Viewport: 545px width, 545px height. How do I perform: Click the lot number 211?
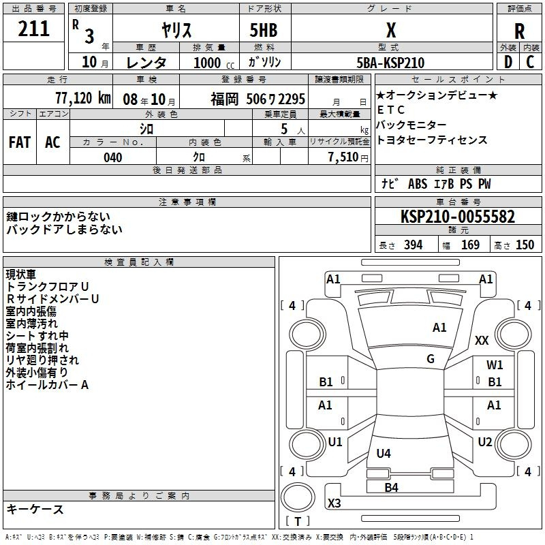[x=33, y=29]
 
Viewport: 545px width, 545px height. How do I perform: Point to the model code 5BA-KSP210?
[x=391, y=63]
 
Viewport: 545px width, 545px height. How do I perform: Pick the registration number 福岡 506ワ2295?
[x=258, y=99]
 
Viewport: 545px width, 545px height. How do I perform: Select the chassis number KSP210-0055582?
[x=457, y=217]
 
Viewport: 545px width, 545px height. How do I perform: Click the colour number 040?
[x=112, y=157]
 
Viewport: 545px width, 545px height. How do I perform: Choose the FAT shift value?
[x=20, y=142]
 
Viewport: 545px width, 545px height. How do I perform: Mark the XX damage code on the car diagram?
[x=482, y=341]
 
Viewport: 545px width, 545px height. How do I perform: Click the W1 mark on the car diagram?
[x=495, y=365]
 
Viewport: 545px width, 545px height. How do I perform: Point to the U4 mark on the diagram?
[x=384, y=453]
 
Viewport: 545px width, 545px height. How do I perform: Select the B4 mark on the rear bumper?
[x=391, y=487]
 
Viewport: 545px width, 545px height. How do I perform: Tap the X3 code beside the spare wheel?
[x=334, y=503]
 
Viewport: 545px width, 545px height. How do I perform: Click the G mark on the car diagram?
[x=431, y=359]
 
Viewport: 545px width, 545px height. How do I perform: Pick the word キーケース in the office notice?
[x=35, y=509]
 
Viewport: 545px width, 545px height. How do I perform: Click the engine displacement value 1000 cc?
[x=213, y=63]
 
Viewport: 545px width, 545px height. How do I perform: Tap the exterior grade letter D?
[x=508, y=62]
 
